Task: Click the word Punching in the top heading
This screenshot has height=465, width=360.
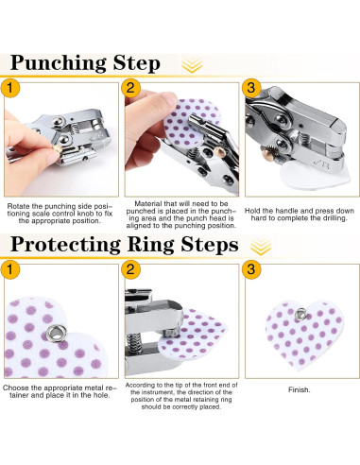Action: [59, 64]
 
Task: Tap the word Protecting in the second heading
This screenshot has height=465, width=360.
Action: [65, 245]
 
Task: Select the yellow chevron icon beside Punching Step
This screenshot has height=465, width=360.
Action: [192, 65]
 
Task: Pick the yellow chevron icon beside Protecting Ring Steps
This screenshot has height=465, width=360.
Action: [261, 247]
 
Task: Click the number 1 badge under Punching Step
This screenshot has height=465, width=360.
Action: [10, 88]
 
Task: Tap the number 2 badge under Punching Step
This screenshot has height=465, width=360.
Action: [130, 88]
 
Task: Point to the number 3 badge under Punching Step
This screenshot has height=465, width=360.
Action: [251, 88]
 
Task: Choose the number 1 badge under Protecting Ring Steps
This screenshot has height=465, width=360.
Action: [10, 269]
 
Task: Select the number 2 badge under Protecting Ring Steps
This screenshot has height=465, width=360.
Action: [130, 269]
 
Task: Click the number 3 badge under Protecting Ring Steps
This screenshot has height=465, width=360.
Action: [251, 269]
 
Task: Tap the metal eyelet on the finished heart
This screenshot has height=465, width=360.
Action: [300, 314]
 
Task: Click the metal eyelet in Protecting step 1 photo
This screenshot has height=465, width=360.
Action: [56, 334]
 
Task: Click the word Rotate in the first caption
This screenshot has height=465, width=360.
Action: [19, 206]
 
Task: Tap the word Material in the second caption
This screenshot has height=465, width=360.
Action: [147, 203]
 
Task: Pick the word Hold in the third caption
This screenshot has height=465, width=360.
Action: [252, 211]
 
